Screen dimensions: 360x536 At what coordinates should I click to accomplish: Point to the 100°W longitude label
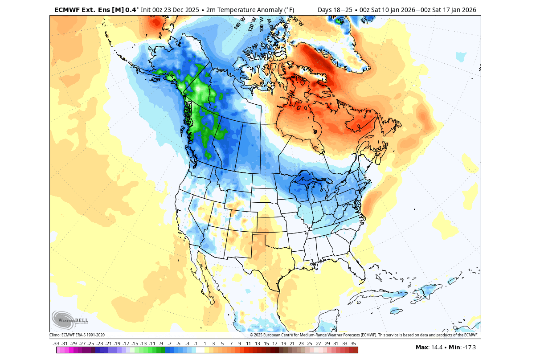tap(261, 22)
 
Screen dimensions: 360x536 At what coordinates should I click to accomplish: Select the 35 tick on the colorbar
tap(353, 344)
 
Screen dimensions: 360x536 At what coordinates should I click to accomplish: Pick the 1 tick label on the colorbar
tap(205, 344)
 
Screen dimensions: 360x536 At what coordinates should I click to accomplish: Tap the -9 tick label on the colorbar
tap(161, 344)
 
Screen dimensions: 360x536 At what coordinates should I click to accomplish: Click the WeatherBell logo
tap(70, 319)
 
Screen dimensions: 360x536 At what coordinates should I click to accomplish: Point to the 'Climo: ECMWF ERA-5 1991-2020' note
tap(77, 335)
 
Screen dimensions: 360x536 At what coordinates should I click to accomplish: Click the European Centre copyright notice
tap(364, 335)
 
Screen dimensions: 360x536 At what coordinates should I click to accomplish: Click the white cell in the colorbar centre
tap(200, 350)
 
